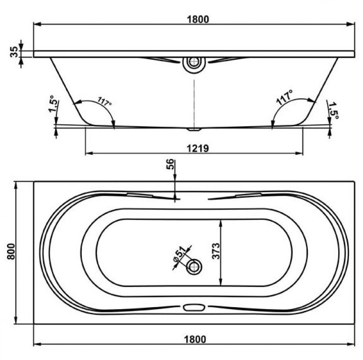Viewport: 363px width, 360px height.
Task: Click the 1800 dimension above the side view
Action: click(x=198, y=20)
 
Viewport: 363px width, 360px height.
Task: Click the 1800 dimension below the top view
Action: click(x=195, y=339)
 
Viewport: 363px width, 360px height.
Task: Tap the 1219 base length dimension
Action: click(x=198, y=149)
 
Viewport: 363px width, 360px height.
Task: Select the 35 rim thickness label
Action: click(x=15, y=52)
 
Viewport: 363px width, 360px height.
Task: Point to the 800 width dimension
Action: click(x=11, y=252)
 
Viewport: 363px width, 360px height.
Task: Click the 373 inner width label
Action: click(x=216, y=251)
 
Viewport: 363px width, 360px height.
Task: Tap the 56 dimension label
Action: click(x=170, y=164)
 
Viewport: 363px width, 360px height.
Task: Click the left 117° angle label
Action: click(x=105, y=101)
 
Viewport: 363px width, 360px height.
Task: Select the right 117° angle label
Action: click(x=284, y=98)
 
